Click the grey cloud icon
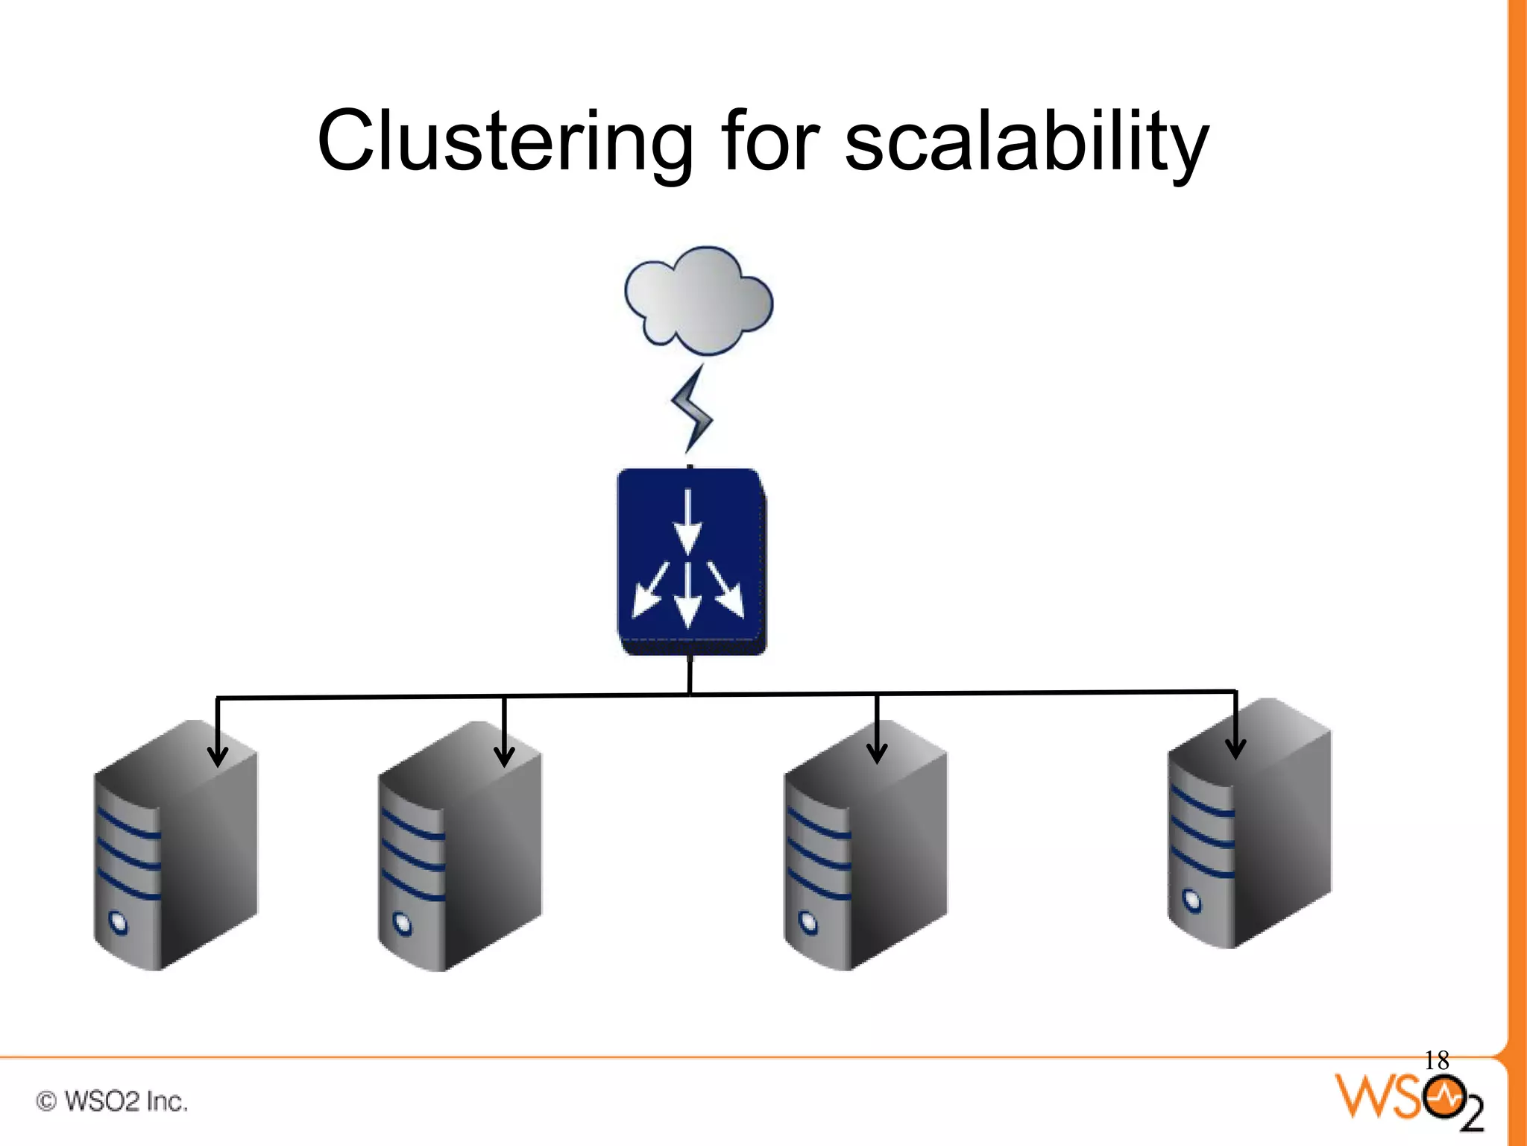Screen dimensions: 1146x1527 (699, 301)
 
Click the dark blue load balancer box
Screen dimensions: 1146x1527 (691, 561)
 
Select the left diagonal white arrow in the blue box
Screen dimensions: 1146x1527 (648, 592)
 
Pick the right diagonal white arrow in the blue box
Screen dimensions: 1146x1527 (728, 591)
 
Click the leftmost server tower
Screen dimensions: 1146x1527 (175, 847)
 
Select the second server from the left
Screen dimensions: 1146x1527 (460, 847)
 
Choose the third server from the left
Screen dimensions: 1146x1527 (865, 847)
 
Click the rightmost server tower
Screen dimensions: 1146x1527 (1249, 824)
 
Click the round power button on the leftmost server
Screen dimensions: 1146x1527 (119, 922)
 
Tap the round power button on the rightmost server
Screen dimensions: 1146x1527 (1193, 901)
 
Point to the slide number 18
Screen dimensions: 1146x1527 (1436, 1060)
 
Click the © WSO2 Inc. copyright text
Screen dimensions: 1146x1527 (112, 1101)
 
